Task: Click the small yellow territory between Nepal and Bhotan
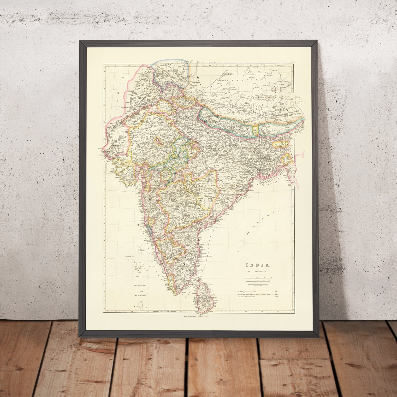(x=255, y=130)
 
